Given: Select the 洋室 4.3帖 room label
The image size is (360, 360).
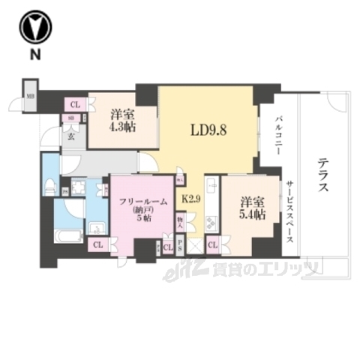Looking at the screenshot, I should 121,121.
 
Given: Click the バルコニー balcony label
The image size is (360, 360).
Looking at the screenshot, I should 277,136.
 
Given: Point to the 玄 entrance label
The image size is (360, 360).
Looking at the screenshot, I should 71,137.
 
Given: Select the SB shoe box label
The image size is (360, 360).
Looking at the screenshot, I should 71,118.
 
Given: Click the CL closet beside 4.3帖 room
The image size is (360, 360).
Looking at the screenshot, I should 75,105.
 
